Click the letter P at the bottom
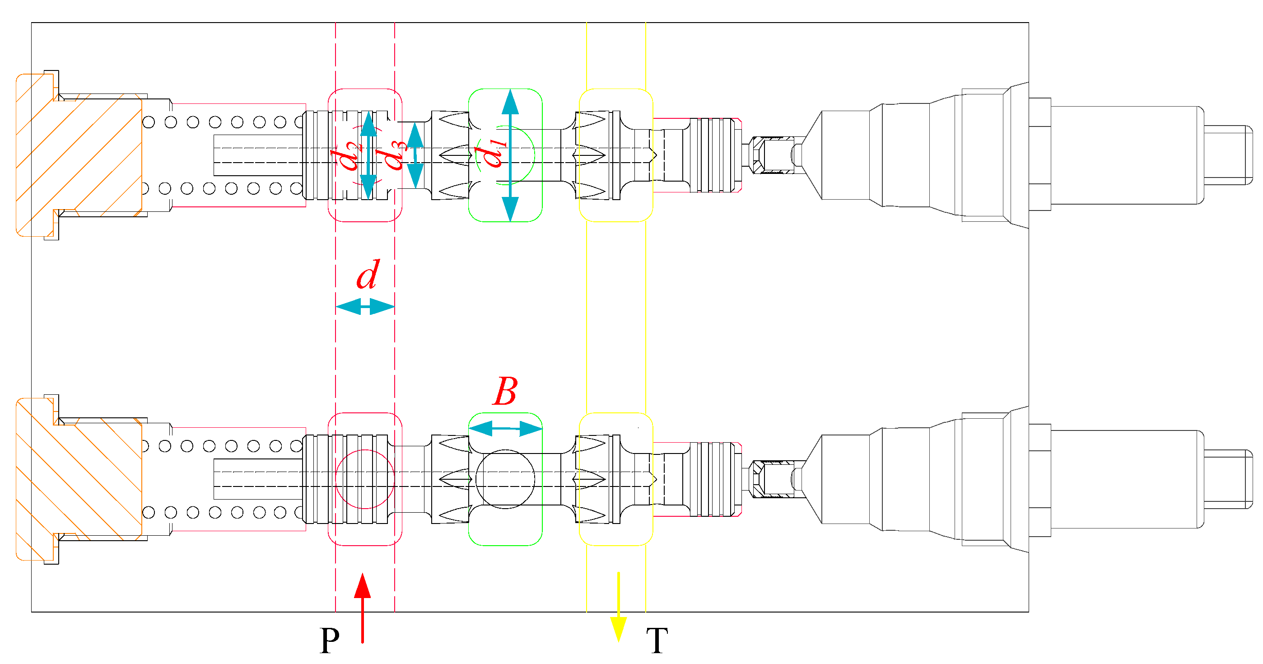[x=330, y=640]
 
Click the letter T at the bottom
[x=657, y=641]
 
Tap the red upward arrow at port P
[x=362, y=608]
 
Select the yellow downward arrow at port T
[x=619, y=607]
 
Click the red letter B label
[x=505, y=391]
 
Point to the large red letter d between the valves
[x=368, y=274]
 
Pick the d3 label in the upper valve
[x=392, y=154]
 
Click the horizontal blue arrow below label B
[x=505, y=429]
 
